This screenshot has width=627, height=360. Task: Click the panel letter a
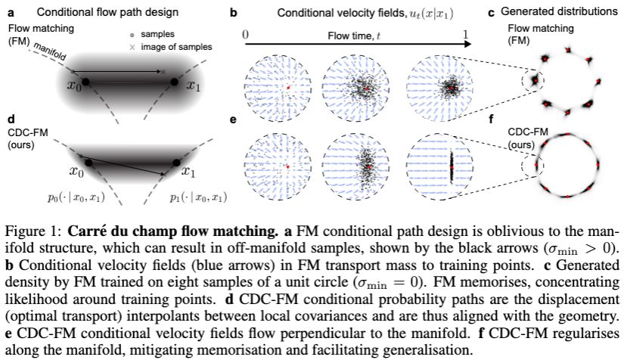(x=9, y=13)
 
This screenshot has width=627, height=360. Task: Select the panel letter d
(x=9, y=119)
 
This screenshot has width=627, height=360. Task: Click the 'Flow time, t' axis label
(x=352, y=35)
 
